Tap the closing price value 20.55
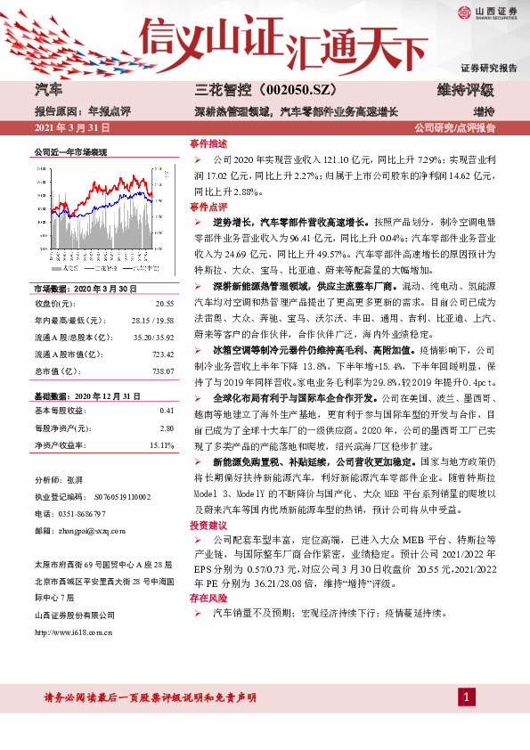(164, 303)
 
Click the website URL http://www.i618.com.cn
(73, 632)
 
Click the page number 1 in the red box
(466, 695)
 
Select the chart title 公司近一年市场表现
(69, 152)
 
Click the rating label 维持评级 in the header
(464, 90)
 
